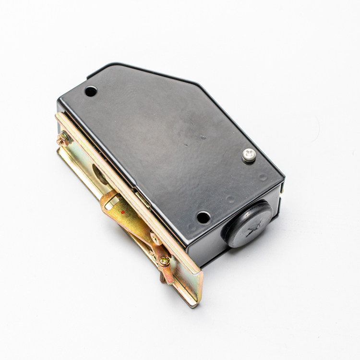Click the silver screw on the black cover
(249, 155)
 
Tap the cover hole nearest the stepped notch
(91, 91)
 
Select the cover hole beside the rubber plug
(204, 217)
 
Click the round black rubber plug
(248, 224)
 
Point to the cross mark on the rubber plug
(253, 231)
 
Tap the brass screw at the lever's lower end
(164, 261)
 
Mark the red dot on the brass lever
(123, 212)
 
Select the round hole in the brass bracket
(100, 174)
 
